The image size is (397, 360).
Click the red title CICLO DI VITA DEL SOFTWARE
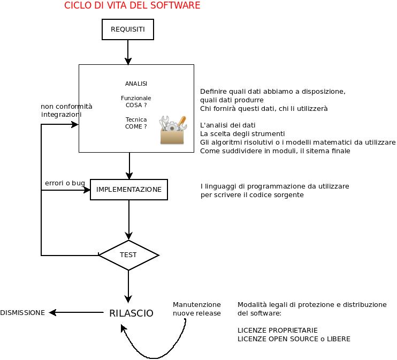tap(132, 6)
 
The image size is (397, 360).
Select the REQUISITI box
tap(127, 29)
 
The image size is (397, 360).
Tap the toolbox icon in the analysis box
tap(172, 130)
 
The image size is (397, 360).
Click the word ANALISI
tap(136, 84)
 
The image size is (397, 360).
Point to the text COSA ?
tap(136, 106)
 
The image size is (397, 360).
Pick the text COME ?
tap(136, 127)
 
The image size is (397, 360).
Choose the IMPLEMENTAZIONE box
tap(129, 190)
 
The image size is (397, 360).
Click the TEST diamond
tap(128, 255)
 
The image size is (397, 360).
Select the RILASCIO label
tap(131, 313)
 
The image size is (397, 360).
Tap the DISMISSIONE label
tap(22, 313)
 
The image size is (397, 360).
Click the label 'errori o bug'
tap(65, 183)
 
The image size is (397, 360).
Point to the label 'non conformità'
tap(66, 107)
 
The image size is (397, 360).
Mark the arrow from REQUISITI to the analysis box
tap(128, 52)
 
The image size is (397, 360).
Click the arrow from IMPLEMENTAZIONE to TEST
tap(129, 220)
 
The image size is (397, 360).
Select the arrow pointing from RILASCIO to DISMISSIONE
tap(75, 313)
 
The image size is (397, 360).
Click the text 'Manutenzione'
tap(196, 304)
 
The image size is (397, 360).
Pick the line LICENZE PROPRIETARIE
tap(278, 330)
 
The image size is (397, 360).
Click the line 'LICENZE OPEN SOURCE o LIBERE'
tap(294, 339)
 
